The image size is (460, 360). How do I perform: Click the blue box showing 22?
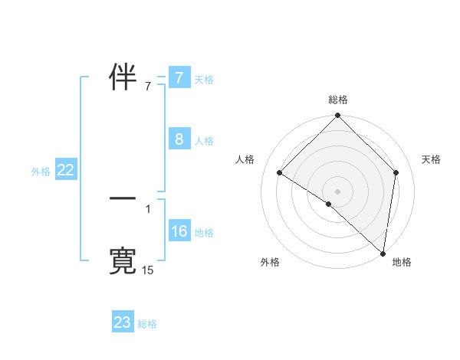pos(65,171)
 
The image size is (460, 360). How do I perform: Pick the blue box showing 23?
pos(123,322)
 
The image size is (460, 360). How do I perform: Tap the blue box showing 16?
pos(179,231)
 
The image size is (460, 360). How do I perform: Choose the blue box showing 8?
pos(179,139)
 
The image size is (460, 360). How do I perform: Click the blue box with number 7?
pos(179,78)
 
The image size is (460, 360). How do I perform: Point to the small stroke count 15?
pos(148,270)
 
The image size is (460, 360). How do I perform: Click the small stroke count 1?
pos(148,208)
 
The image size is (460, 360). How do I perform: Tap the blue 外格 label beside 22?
pos(41,172)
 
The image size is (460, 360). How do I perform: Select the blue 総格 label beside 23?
pos(147,324)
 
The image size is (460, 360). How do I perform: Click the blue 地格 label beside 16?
pos(204,233)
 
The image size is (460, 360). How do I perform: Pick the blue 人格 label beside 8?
pos(204,141)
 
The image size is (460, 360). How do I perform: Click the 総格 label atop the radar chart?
pos(338,100)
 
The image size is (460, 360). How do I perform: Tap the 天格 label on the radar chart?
pos(432,159)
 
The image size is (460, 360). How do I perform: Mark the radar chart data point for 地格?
pos(383,253)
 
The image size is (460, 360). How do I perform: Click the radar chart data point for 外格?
pos(329,204)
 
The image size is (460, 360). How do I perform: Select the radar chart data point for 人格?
pos(280,172)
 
